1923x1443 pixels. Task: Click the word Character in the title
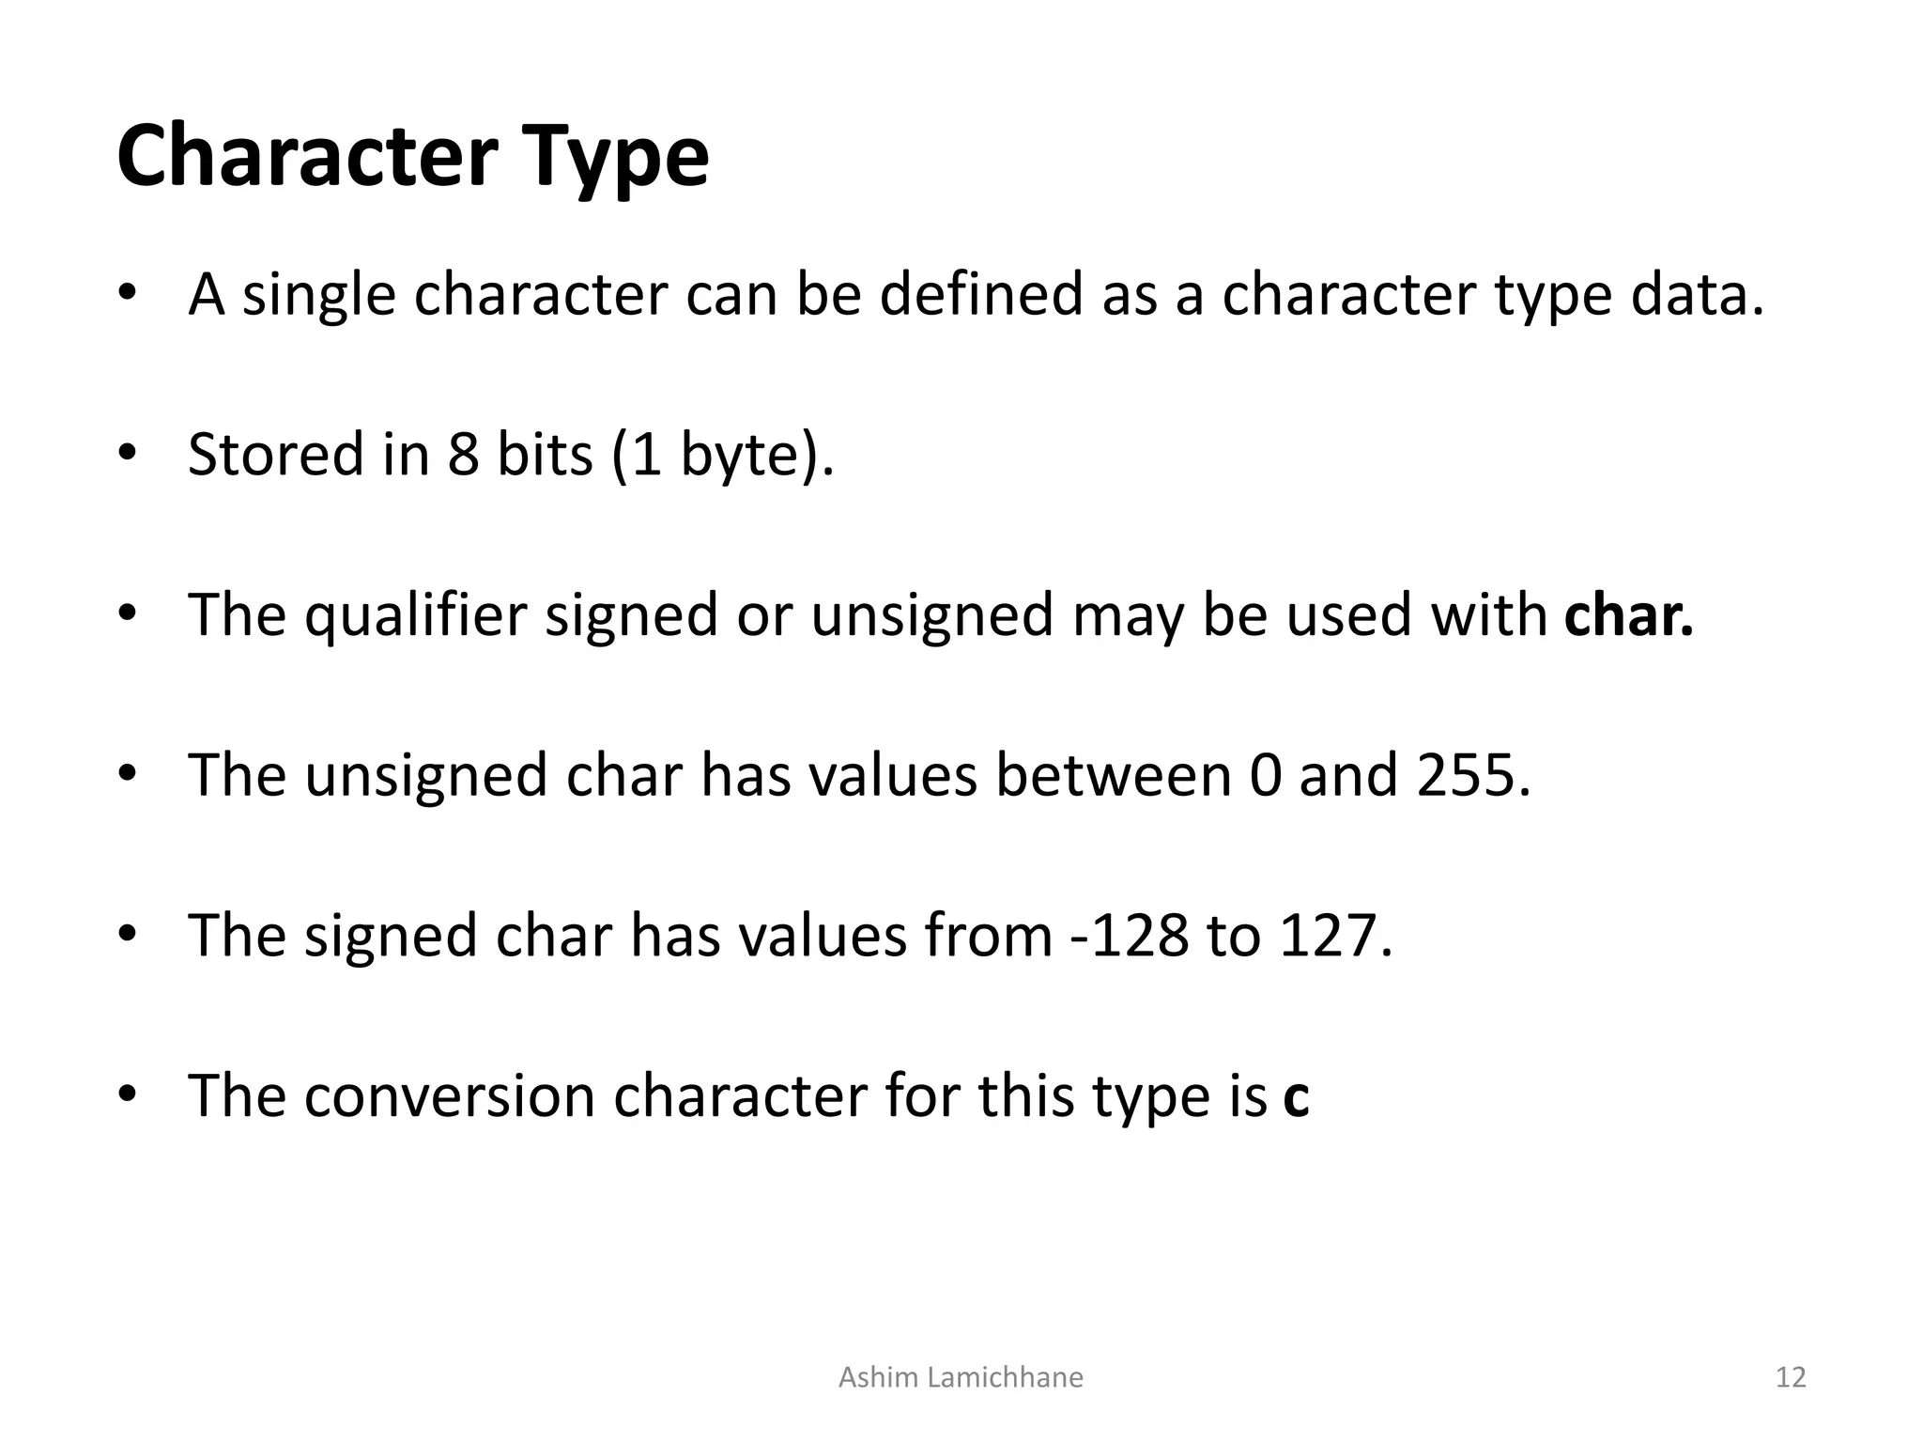(x=307, y=157)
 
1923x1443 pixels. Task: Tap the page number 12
(x=1791, y=1377)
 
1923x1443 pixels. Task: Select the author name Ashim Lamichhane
(x=961, y=1377)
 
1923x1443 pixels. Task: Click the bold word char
(x=1628, y=615)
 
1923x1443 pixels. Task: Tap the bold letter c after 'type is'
(x=1296, y=1097)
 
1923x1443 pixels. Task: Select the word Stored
(x=276, y=455)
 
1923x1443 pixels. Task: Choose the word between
(x=1113, y=776)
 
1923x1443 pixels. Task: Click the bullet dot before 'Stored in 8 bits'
(x=128, y=455)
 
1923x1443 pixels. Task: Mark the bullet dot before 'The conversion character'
(x=128, y=1095)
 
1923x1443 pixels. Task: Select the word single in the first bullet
(x=319, y=296)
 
